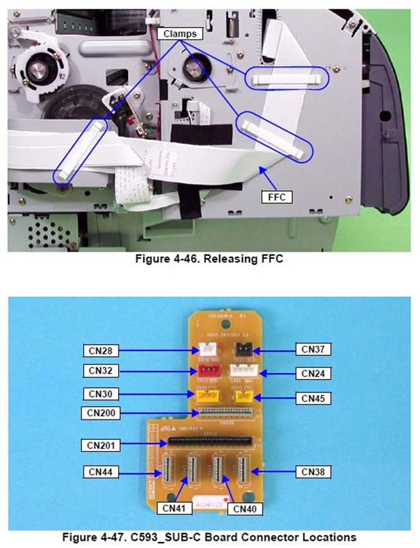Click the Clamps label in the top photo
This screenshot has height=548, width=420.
point(180,33)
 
